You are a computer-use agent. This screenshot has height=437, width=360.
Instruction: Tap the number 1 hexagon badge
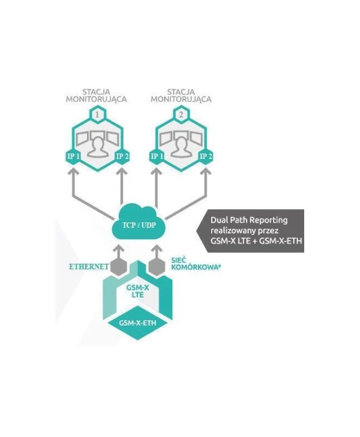tap(97, 114)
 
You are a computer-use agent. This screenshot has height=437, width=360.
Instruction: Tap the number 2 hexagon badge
tap(181, 114)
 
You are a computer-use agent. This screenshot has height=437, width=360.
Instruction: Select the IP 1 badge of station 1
tap(73, 156)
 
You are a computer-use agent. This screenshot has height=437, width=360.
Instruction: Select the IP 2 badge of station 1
tap(122, 156)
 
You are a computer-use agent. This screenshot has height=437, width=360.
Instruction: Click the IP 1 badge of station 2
tap(157, 156)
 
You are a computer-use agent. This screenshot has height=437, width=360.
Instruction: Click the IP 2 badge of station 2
tap(206, 156)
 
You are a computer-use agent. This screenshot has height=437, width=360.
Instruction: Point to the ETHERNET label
tap(89, 267)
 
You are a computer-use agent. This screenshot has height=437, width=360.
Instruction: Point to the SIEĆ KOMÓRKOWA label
tap(196, 264)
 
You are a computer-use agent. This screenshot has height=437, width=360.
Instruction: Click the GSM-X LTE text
tap(138, 291)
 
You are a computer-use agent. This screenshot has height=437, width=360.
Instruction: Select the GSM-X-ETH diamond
tap(137, 323)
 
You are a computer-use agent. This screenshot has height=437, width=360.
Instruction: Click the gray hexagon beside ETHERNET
tap(119, 267)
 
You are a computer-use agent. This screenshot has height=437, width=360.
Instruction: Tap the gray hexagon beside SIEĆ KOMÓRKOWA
tap(157, 267)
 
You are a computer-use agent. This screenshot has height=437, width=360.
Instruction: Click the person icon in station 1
tap(97, 147)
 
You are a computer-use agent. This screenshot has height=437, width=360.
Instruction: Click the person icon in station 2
tap(181, 147)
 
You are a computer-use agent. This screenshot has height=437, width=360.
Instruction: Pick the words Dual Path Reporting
tap(249, 220)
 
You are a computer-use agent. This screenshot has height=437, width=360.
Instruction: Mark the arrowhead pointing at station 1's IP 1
tap(73, 171)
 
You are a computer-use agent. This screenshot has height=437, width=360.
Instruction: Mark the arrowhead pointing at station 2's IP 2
tap(206, 171)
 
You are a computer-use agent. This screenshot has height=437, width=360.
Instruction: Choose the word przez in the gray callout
tap(270, 231)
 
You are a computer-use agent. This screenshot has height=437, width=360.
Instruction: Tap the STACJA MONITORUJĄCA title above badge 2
tap(181, 95)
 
